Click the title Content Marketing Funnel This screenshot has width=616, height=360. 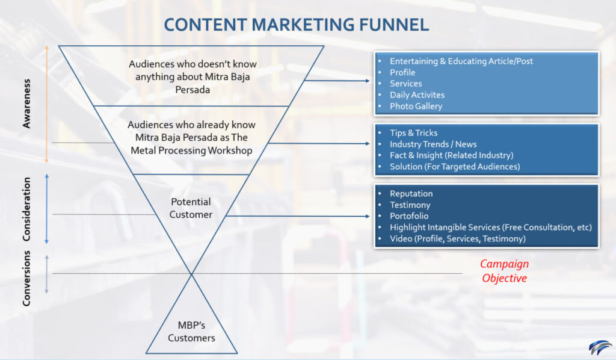(296, 24)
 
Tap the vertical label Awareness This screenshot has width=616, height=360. (26, 104)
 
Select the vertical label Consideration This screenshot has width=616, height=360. (26, 209)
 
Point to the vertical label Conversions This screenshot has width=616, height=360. (26, 278)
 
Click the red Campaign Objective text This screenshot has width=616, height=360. (505, 271)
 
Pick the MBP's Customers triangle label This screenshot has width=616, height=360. (191, 332)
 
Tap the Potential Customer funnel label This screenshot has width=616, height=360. (191, 208)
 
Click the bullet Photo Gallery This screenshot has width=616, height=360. (416, 106)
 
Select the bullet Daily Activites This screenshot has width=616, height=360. (417, 95)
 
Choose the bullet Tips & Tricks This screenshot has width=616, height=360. (414, 133)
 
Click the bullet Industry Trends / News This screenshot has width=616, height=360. (433, 144)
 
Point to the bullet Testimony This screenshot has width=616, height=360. (410, 205)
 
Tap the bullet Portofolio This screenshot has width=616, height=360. (409, 216)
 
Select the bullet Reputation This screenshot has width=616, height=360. (411, 194)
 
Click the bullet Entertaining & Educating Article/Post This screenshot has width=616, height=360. (461, 61)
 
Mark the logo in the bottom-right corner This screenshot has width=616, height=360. (600, 347)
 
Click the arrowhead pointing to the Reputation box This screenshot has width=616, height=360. (368, 216)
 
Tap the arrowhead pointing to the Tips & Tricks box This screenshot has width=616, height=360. (368, 144)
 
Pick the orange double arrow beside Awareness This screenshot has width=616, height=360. (46, 104)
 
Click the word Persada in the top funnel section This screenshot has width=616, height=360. (192, 90)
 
